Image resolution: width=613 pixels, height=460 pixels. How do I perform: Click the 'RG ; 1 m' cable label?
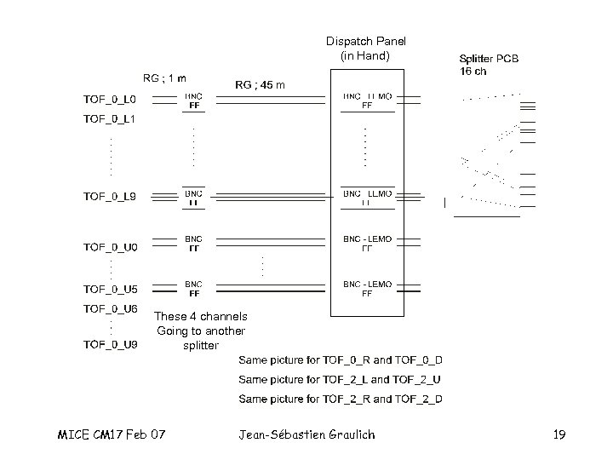[x=166, y=78]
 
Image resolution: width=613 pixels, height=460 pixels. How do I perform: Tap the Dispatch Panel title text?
[x=366, y=48]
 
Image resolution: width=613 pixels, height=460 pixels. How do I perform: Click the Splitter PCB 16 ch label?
[x=489, y=64]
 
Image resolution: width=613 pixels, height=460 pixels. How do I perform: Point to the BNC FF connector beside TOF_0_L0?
[x=194, y=101]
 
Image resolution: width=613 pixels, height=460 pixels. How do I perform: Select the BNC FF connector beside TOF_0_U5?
[x=194, y=289]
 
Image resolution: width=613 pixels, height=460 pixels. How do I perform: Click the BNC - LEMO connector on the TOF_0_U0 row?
[x=367, y=244]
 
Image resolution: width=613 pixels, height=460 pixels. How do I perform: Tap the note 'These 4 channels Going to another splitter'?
[x=201, y=331]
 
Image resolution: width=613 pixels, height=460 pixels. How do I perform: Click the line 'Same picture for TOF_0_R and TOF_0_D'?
[x=341, y=360]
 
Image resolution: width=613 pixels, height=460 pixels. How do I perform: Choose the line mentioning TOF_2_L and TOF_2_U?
[x=341, y=380]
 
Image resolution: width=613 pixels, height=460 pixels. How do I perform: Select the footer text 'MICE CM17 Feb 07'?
[x=112, y=435]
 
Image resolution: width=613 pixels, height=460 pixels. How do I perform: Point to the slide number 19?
[x=559, y=435]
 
